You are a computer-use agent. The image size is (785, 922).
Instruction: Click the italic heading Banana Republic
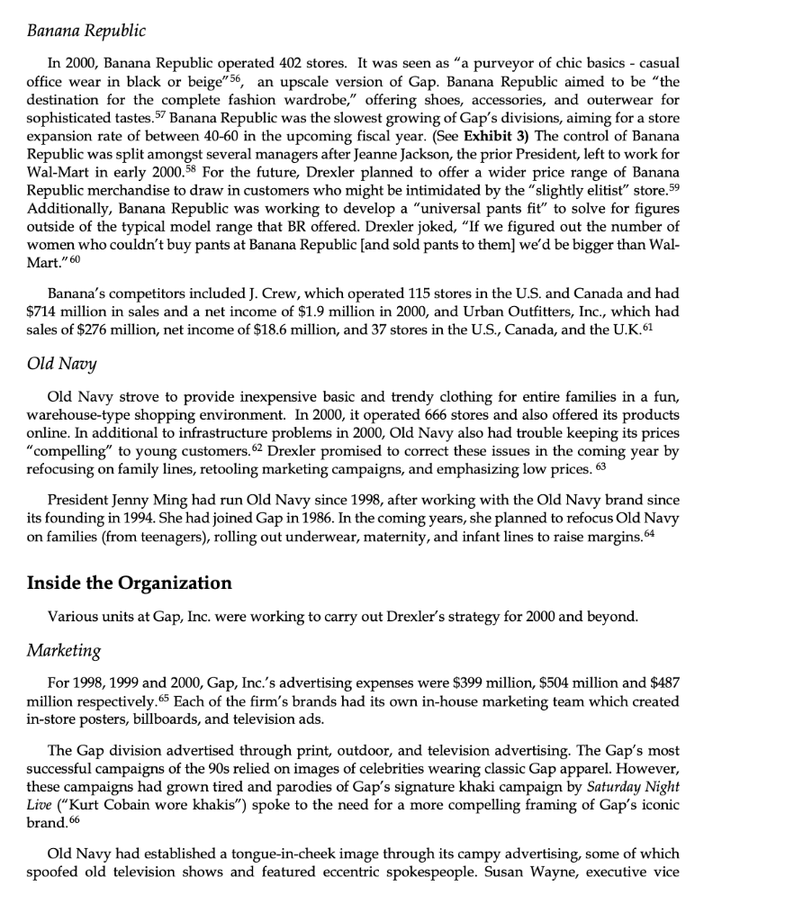coord(86,32)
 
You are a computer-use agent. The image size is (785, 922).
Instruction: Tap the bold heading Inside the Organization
coord(130,583)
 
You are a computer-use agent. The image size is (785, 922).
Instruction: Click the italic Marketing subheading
coord(64,649)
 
